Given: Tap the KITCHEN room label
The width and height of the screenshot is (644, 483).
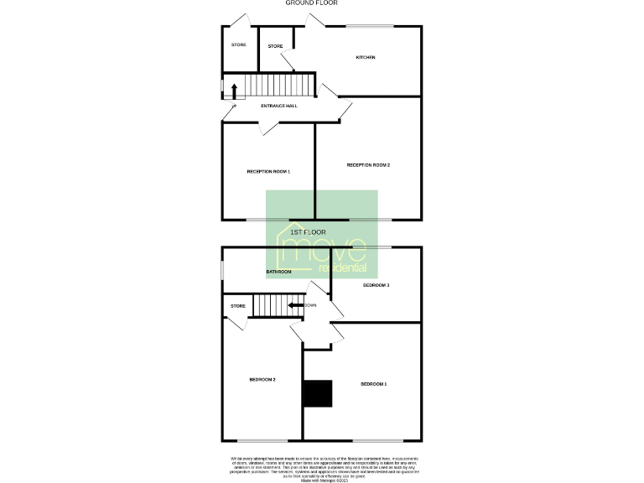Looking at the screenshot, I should click(365, 57).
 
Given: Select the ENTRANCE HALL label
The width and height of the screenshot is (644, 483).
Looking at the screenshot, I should click(279, 106).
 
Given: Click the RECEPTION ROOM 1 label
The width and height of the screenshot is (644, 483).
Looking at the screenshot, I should click(268, 171).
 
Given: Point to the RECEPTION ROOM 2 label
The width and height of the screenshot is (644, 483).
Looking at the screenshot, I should click(368, 165).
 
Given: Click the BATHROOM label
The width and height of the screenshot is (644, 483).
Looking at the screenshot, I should click(278, 272).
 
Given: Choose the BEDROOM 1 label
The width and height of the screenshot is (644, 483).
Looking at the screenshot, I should click(373, 383).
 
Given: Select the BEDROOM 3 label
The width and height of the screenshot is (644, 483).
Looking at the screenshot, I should click(376, 285).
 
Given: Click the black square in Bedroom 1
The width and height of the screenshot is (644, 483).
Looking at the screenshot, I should click(318, 393).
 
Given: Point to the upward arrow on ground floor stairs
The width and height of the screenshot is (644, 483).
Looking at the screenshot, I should click(234, 90).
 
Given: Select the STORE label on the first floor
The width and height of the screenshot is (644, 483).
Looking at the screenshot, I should click(237, 306).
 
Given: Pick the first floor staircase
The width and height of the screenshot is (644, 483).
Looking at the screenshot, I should click(270, 305).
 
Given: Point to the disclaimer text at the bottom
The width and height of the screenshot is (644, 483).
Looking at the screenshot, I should click(322, 467).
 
